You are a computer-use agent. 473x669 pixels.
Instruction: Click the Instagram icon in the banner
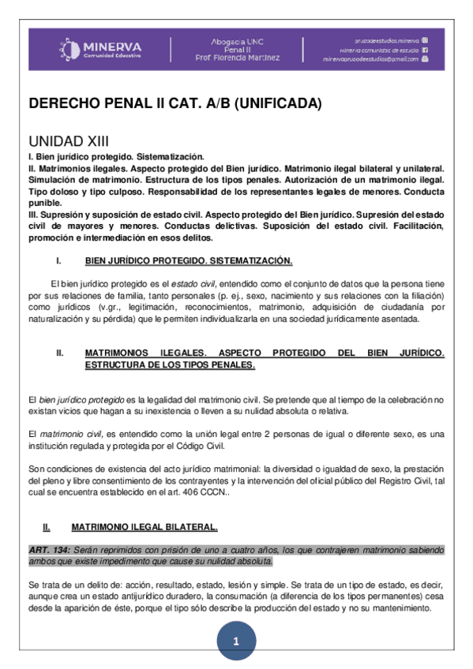pyautogui.click(x=425, y=39)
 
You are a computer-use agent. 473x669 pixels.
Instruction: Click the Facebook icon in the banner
pyautogui.click(x=425, y=49)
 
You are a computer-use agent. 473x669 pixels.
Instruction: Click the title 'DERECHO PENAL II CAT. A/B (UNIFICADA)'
pyautogui.click(x=175, y=104)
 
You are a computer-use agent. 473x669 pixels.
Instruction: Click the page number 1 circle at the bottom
pyautogui.click(x=236, y=641)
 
